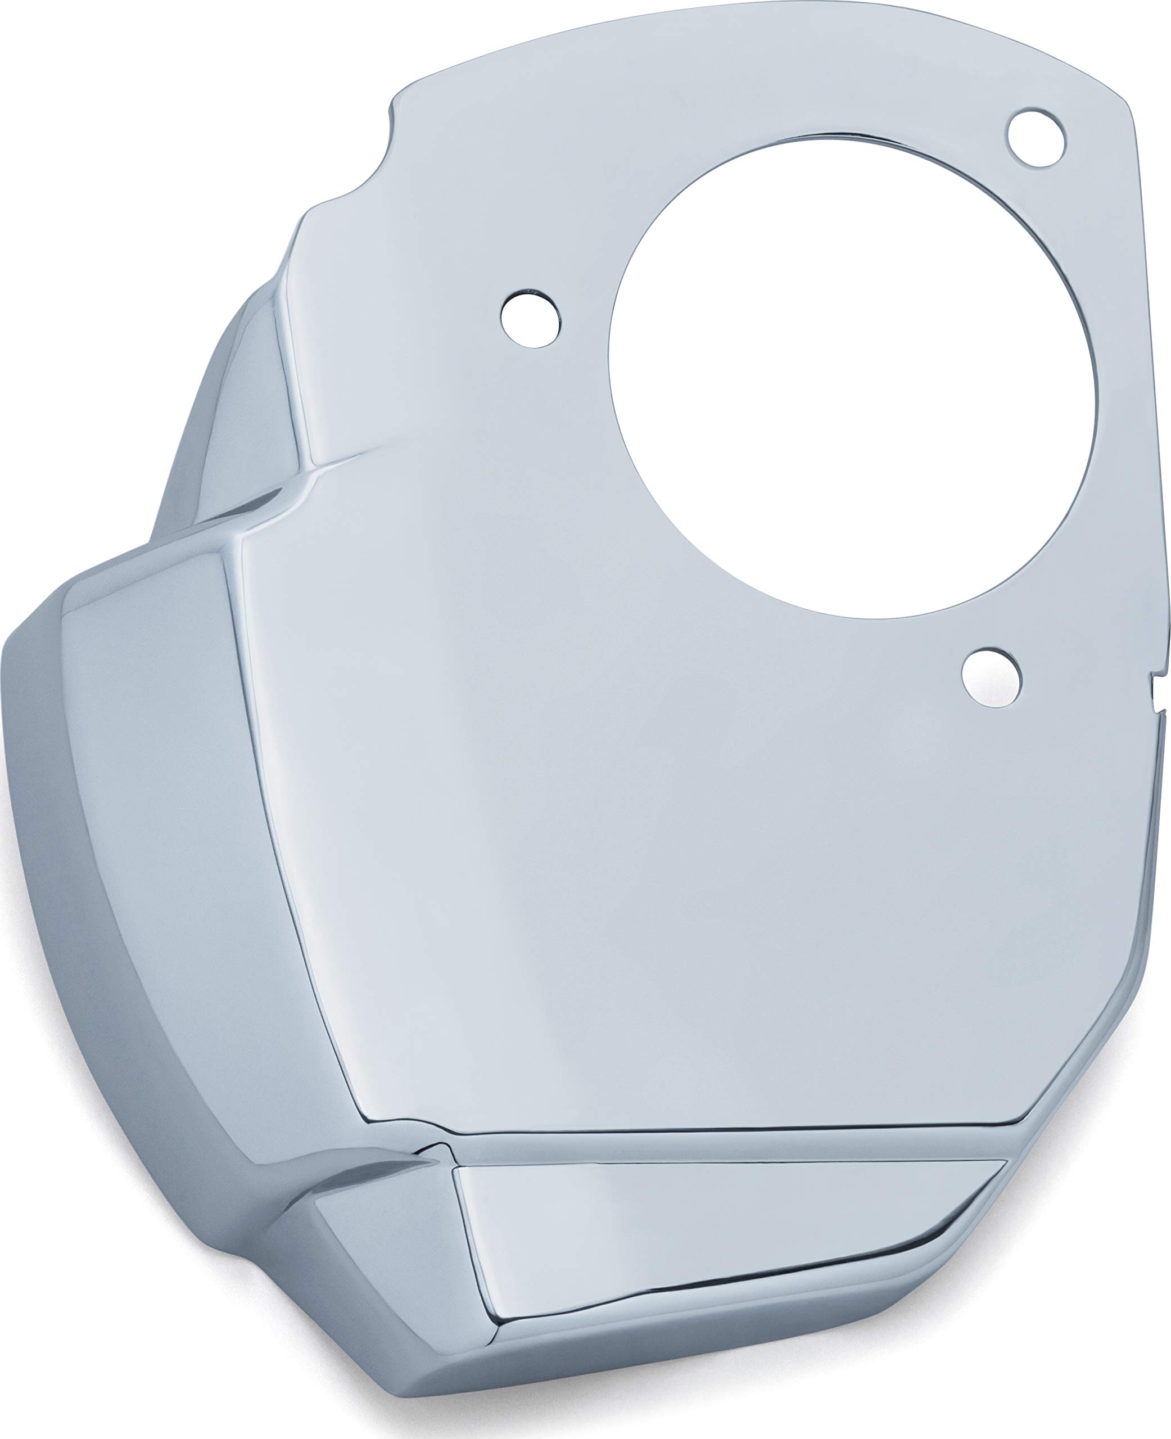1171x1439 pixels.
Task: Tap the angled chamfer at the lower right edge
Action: coord(1086,1052)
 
